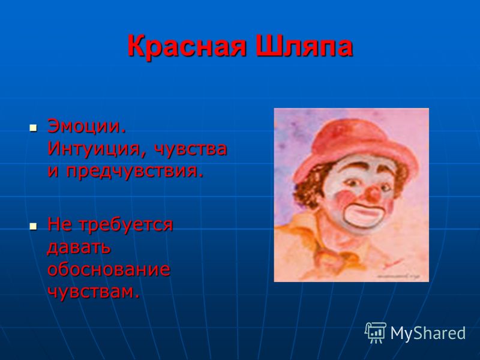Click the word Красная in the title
click(x=187, y=46)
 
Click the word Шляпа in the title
click(x=304, y=46)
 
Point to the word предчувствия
click(x=135, y=172)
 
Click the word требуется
click(x=126, y=225)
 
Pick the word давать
click(x=79, y=247)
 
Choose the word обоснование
click(x=109, y=269)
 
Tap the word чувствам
click(x=94, y=292)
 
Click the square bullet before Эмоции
click(x=33, y=128)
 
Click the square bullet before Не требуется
click(x=33, y=226)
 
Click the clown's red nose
click(x=373, y=194)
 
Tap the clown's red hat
click(x=355, y=150)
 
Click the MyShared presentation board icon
click(x=376, y=332)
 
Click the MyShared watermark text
click(x=428, y=333)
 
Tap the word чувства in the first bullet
click(x=190, y=149)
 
